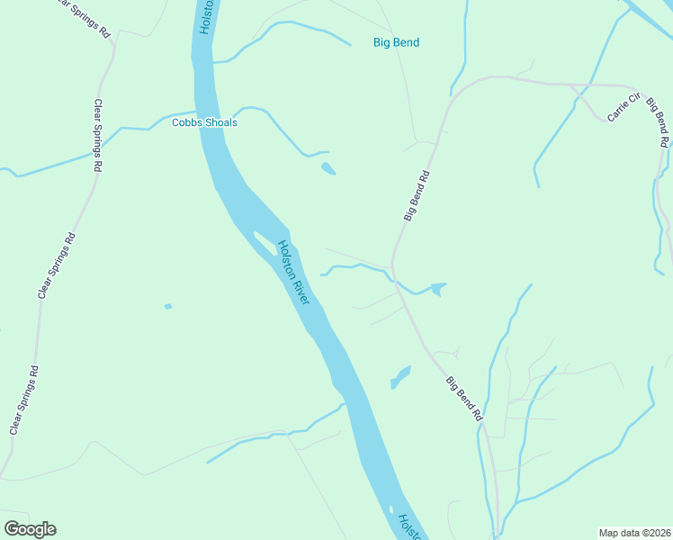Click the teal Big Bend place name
396,42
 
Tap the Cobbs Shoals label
204,122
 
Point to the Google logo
30,529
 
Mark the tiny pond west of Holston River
167,307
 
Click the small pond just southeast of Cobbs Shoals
328,168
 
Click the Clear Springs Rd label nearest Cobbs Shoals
98,136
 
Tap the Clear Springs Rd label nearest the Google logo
24,400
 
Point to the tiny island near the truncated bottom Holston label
391,510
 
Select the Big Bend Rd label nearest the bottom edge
465,399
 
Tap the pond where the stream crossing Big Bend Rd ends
437,289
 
